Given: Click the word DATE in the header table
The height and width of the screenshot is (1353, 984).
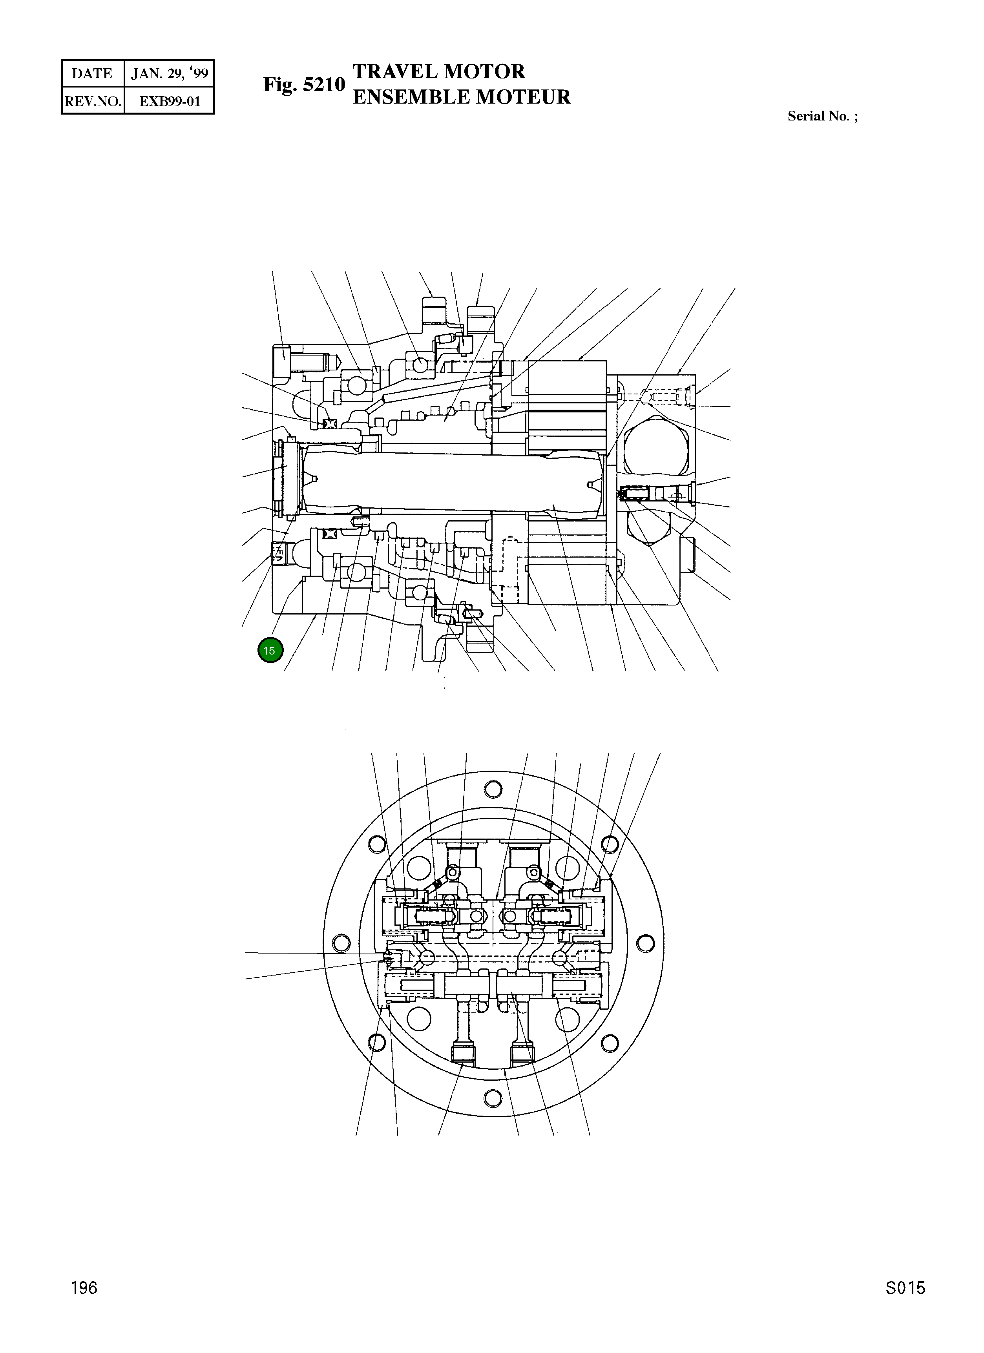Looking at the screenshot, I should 92,73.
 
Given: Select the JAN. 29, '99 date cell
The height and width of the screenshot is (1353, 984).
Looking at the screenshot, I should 170,73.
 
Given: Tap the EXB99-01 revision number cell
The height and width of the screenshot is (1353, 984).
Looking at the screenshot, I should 170,101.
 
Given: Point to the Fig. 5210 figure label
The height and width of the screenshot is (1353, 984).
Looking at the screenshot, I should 304,85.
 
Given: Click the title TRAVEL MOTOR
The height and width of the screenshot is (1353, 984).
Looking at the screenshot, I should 438,71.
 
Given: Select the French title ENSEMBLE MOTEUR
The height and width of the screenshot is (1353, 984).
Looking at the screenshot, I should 461,97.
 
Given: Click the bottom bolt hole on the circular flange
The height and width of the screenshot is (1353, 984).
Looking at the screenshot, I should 493,1098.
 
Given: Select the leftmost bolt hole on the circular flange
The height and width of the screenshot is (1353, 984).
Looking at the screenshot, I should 341,943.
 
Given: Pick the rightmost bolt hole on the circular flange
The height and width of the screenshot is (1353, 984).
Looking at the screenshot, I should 645,943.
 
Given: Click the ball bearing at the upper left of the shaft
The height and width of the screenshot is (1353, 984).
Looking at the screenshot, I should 356,387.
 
